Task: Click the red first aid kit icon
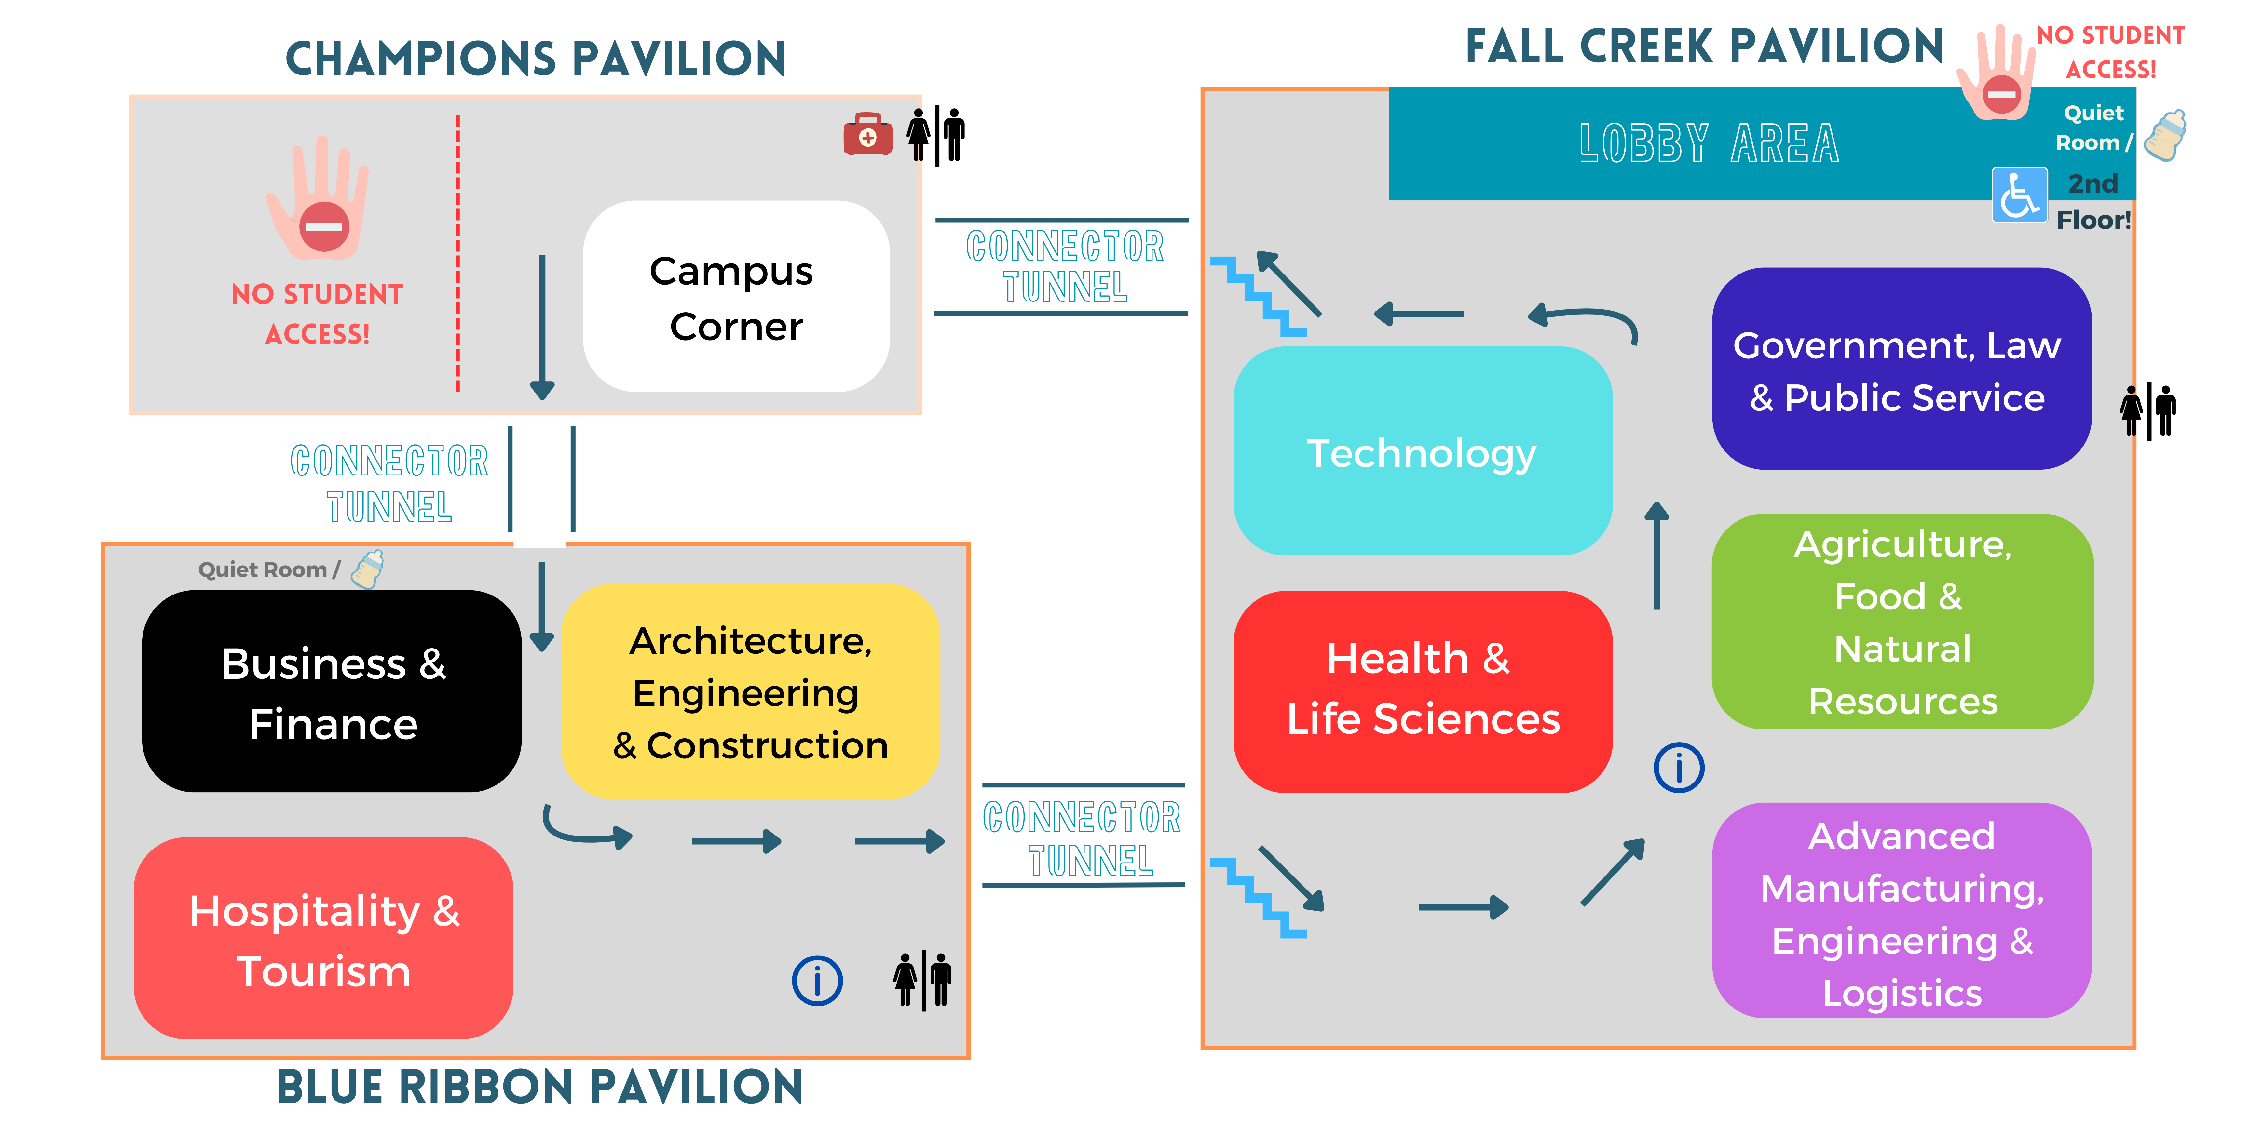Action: point(867,135)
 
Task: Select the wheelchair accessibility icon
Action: point(2019,194)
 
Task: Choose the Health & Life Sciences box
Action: point(1421,691)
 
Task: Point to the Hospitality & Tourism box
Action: point(323,938)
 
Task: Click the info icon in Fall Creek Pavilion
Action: point(1678,768)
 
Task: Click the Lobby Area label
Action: point(1709,144)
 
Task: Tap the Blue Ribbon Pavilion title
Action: point(539,1087)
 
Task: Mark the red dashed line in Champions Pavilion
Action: point(457,253)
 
